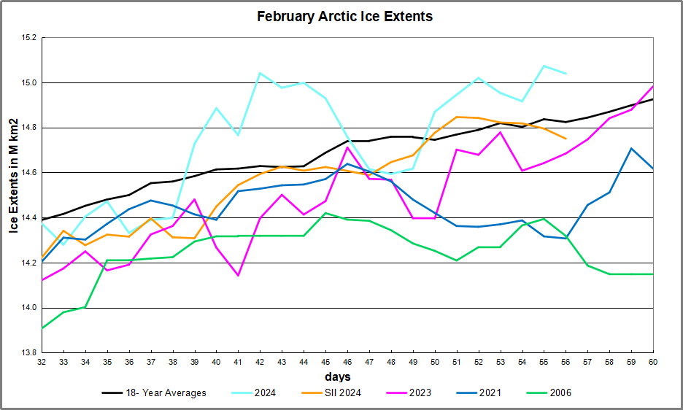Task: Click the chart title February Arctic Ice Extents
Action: [x=344, y=17]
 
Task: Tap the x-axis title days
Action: [x=339, y=377]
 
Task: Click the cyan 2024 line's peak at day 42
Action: [x=260, y=73]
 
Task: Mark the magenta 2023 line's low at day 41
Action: [x=238, y=276]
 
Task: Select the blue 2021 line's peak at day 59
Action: [x=631, y=148]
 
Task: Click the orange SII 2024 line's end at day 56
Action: [x=566, y=139]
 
